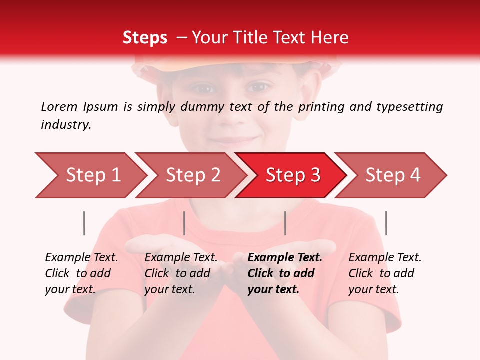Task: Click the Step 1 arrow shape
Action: coord(90,175)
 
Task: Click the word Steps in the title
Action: coord(145,38)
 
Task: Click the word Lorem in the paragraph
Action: coord(59,106)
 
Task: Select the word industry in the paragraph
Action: coord(66,125)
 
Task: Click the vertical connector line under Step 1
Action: coord(84,223)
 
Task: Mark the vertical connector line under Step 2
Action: coord(184,223)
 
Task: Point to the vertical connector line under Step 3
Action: coord(285,223)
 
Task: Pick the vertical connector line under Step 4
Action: coord(386,223)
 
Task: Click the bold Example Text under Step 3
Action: coord(285,258)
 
